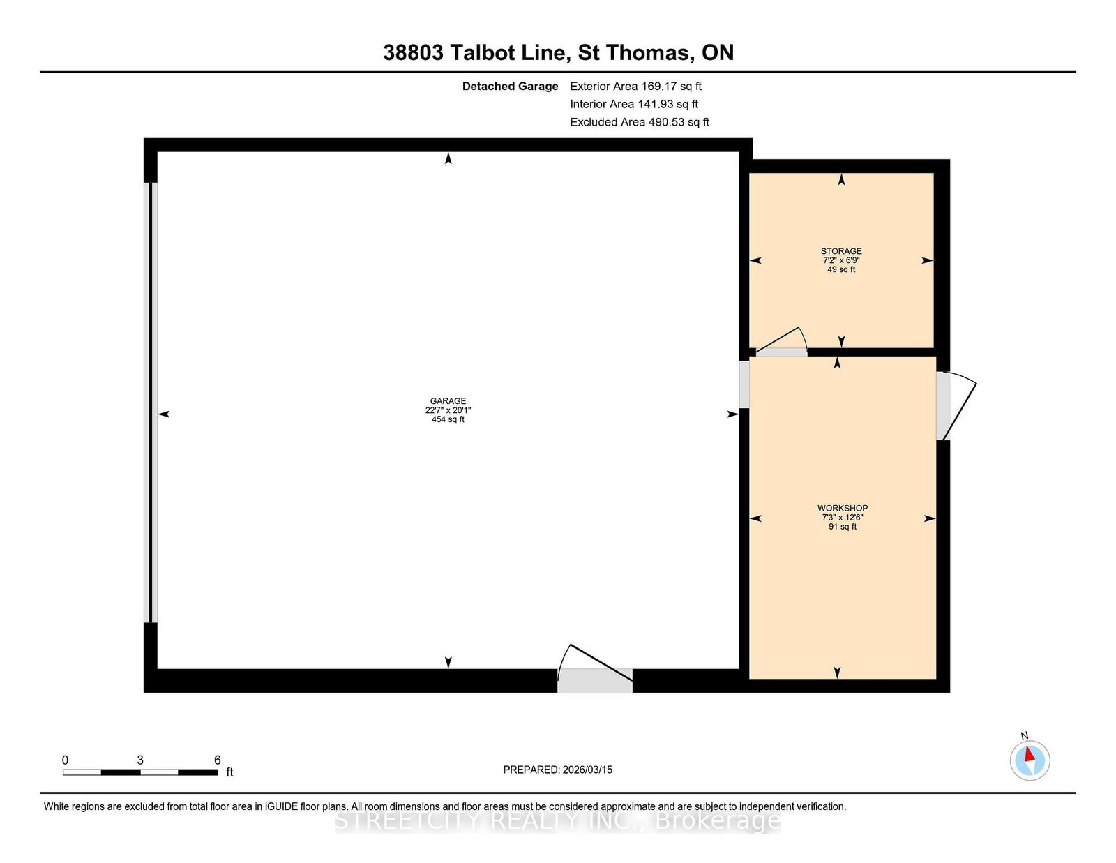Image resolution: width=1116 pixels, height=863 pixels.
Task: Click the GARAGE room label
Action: [448, 400]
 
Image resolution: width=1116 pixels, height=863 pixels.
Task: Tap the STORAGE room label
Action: [840, 250]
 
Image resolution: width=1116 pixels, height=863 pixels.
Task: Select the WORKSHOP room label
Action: [843, 508]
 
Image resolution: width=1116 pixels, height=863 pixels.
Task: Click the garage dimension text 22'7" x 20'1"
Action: [448, 410]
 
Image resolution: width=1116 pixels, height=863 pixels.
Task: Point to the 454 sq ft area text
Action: [448, 419]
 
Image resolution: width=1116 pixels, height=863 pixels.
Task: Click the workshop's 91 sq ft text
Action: [843, 527]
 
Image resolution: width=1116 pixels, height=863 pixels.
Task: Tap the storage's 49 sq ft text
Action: [840, 269]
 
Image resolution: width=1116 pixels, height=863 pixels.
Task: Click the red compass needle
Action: [1030, 754]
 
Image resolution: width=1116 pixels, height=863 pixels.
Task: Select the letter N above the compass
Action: [1024, 735]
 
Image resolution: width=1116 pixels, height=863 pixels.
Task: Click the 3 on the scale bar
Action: [139, 760]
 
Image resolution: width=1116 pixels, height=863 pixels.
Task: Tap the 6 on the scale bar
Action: [217, 760]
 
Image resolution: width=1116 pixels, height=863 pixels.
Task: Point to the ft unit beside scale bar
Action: [229, 772]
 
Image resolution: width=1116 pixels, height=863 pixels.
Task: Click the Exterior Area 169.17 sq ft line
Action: [635, 87]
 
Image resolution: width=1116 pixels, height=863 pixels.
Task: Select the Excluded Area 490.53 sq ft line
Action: [640, 122]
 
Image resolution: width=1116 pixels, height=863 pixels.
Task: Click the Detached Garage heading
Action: [510, 87]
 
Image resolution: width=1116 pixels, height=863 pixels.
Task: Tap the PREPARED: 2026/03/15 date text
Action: [558, 770]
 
